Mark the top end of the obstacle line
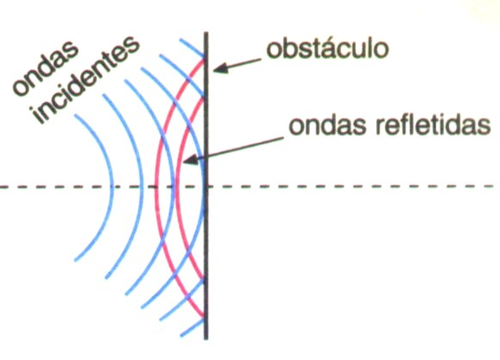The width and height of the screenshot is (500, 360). pos(206,33)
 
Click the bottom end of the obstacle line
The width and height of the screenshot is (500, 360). pos(206,339)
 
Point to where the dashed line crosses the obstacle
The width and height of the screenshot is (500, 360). pos(206,186)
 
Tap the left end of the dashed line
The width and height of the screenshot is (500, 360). pos(2,186)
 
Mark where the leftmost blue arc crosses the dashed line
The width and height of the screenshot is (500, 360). pos(113,186)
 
